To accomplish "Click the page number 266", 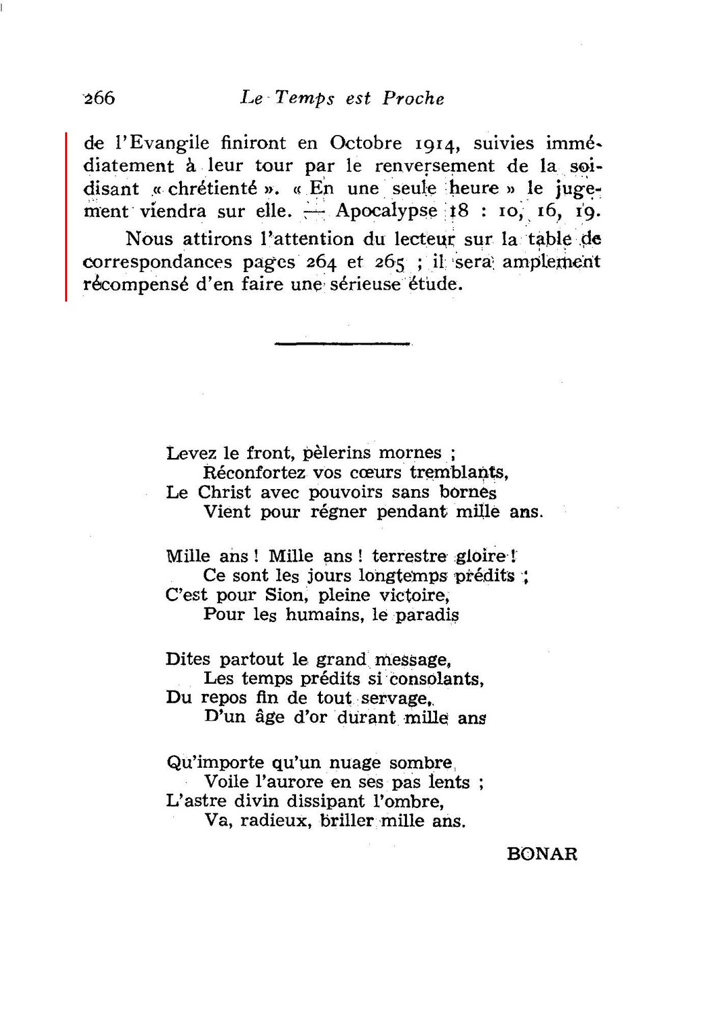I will click(x=99, y=98).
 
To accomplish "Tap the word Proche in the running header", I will click(x=413, y=99).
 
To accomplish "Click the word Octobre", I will click(x=367, y=142).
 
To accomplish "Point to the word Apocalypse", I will click(x=386, y=211).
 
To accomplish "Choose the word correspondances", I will click(x=157, y=262).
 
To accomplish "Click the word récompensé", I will click(x=137, y=283).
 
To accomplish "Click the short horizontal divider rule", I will click(x=342, y=344).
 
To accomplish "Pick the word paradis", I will click(x=427, y=615).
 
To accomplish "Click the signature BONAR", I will click(x=543, y=854).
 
